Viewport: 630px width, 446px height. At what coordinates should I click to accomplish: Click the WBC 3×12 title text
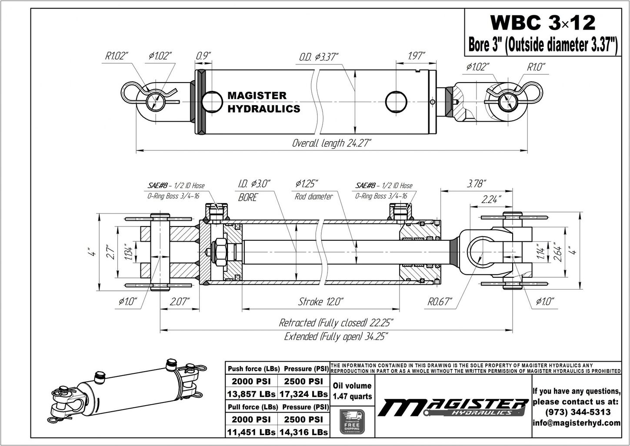point(543,22)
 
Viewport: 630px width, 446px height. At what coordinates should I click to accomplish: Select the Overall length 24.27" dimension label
point(331,143)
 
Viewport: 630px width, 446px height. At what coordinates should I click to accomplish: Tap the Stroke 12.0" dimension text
point(321,302)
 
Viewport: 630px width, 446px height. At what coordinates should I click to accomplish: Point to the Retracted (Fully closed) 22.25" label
point(336,323)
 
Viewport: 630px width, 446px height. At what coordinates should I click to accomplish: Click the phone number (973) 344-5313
point(577,412)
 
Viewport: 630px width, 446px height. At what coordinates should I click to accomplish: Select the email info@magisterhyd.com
point(577,423)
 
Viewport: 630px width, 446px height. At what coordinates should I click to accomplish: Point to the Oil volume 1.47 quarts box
point(352,391)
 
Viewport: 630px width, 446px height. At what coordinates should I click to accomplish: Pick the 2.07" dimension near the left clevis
point(180,302)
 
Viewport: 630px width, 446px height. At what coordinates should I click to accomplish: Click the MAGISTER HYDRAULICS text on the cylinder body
point(263,102)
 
